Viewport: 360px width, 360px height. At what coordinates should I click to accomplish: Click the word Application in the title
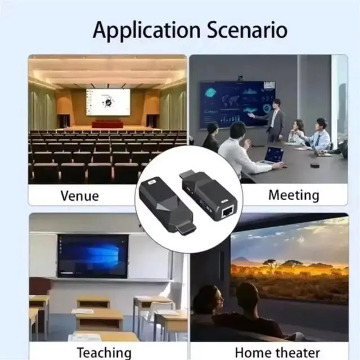click(147, 30)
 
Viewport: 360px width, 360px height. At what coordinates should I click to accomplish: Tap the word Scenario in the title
click(247, 30)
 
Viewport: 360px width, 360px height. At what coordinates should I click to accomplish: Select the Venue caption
click(80, 196)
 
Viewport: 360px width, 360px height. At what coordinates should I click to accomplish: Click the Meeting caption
click(294, 195)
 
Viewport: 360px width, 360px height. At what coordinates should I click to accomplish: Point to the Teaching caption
click(104, 353)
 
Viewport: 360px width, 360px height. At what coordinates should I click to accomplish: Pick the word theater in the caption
click(298, 353)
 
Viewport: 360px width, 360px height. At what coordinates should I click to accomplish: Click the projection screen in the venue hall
click(108, 102)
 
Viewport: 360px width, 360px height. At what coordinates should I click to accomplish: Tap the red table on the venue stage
click(107, 124)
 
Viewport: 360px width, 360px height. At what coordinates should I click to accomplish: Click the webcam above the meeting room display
click(240, 78)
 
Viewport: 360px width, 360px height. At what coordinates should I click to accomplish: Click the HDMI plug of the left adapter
click(186, 228)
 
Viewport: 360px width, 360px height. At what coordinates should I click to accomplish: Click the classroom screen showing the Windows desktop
click(93, 256)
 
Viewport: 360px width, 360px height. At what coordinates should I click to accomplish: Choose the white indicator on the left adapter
click(151, 183)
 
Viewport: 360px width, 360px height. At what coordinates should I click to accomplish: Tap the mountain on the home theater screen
click(242, 260)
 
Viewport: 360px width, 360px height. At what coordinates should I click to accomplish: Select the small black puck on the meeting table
click(314, 165)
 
